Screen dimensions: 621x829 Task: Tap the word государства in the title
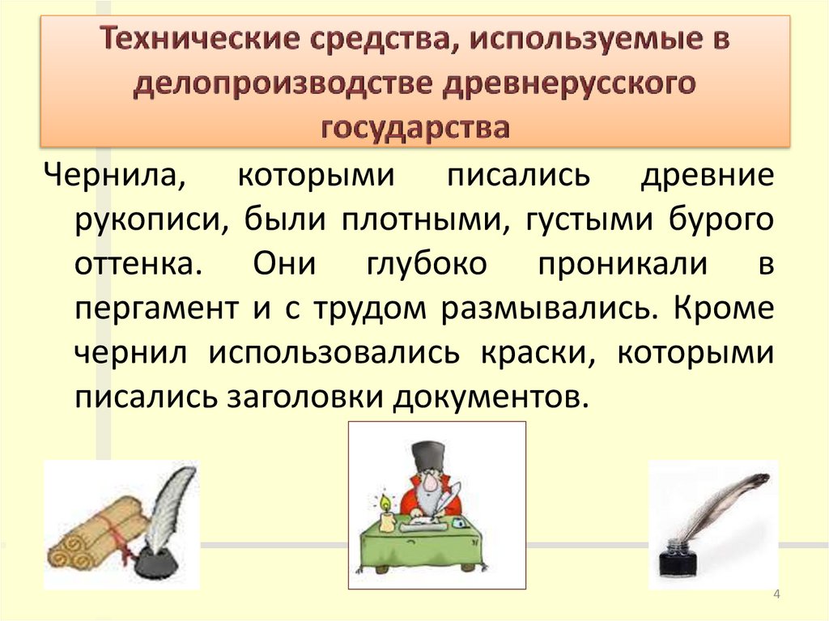pyautogui.click(x=415, y=128)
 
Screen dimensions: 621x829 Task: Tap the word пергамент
pyautogui.click(x=153, y=309)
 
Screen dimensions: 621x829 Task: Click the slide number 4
pyautogui.click(x=776, y=596)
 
